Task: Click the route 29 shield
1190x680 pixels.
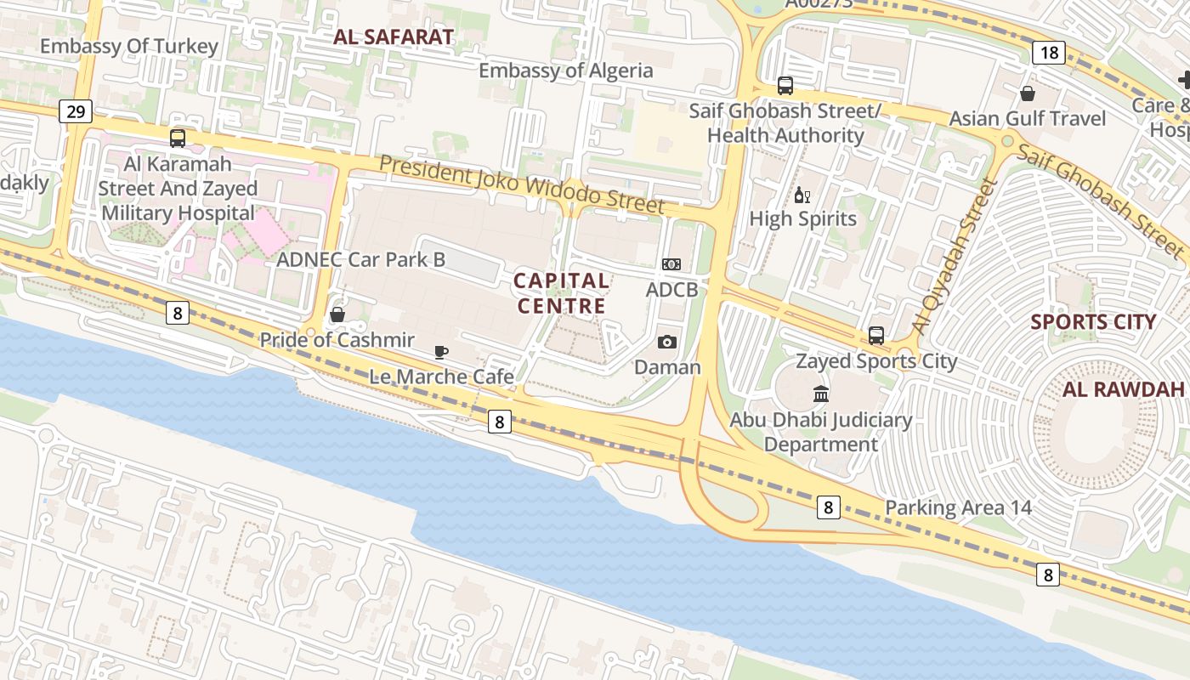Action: coord(76,110)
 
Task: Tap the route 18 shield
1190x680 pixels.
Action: coord(1050,53)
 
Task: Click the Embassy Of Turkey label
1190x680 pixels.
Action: coord(129,46)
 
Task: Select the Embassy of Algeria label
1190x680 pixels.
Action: coord(565,71)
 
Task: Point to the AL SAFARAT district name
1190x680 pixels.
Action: coord(394,37)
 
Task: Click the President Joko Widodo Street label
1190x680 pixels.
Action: coord(521,184)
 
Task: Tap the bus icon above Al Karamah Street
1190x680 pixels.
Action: coord(178,138)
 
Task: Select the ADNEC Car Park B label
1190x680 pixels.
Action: coord(360,259)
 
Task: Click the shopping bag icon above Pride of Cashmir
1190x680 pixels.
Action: coord(337,314)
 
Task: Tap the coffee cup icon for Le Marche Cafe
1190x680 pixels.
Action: coord(440,352)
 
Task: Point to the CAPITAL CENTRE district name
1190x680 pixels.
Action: coord(561,292)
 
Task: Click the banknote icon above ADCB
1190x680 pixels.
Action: coord(671,264)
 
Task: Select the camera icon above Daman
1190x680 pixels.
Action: coord(667,342)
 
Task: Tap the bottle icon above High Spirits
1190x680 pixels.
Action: coord(802,195)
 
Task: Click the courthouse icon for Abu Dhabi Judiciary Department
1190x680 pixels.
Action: coord(821,394)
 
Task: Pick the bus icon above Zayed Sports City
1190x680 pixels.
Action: coord(876,336)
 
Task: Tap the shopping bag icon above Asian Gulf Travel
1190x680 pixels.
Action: coord(1028,93)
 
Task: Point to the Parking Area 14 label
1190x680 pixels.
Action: coord(958,508)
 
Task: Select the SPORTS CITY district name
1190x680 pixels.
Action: coord(1093,322)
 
